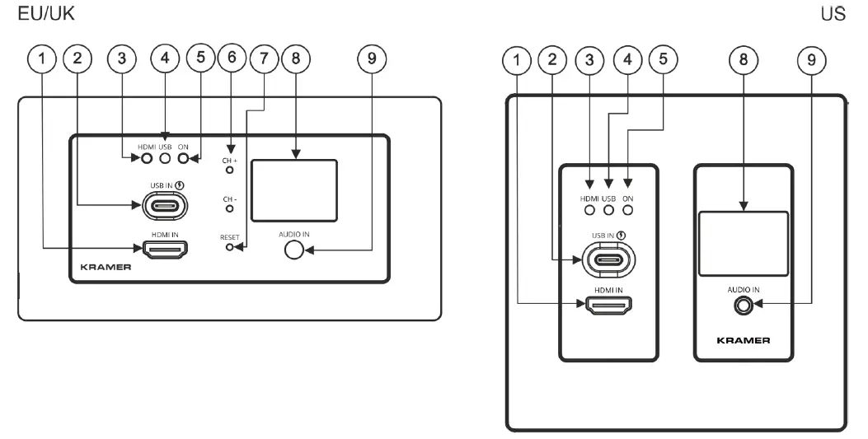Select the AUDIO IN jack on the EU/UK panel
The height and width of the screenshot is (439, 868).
point(293,249)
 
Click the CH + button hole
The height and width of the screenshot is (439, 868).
point(230,170)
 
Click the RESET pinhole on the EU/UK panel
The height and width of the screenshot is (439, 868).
point(230,246)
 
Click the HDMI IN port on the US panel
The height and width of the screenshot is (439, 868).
point(609,306)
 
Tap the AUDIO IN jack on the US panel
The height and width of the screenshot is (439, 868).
point(744,305)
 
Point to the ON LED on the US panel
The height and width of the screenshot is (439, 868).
point(628,210)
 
